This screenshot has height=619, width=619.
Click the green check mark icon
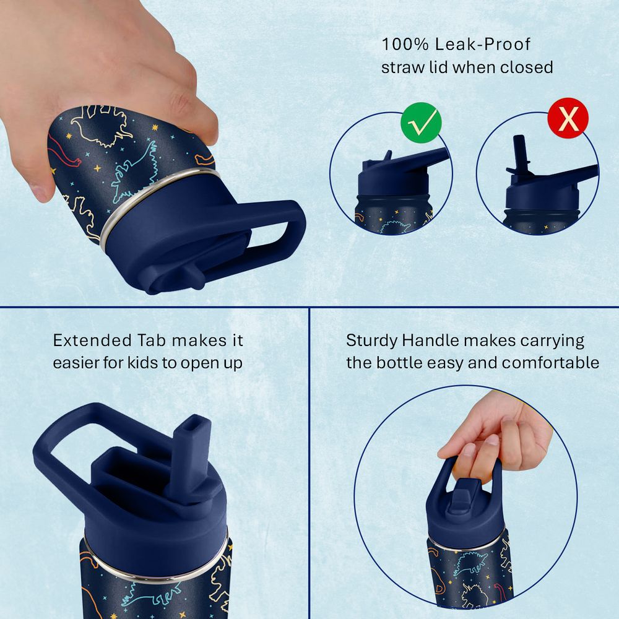pos(421,123)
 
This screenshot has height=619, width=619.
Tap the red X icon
pos(568,118)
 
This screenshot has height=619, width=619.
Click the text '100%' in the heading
pos(405,44)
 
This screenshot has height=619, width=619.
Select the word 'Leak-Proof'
pos(483,44)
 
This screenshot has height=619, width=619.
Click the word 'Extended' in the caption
pos(92,340)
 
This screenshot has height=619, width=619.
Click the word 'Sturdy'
pos(371,341)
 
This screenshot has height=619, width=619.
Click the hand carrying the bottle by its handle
pos(498,435)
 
